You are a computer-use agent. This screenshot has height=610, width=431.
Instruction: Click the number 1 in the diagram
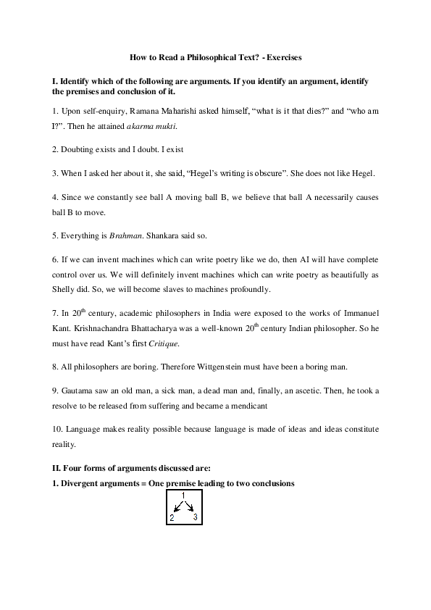(x=183, y=496)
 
